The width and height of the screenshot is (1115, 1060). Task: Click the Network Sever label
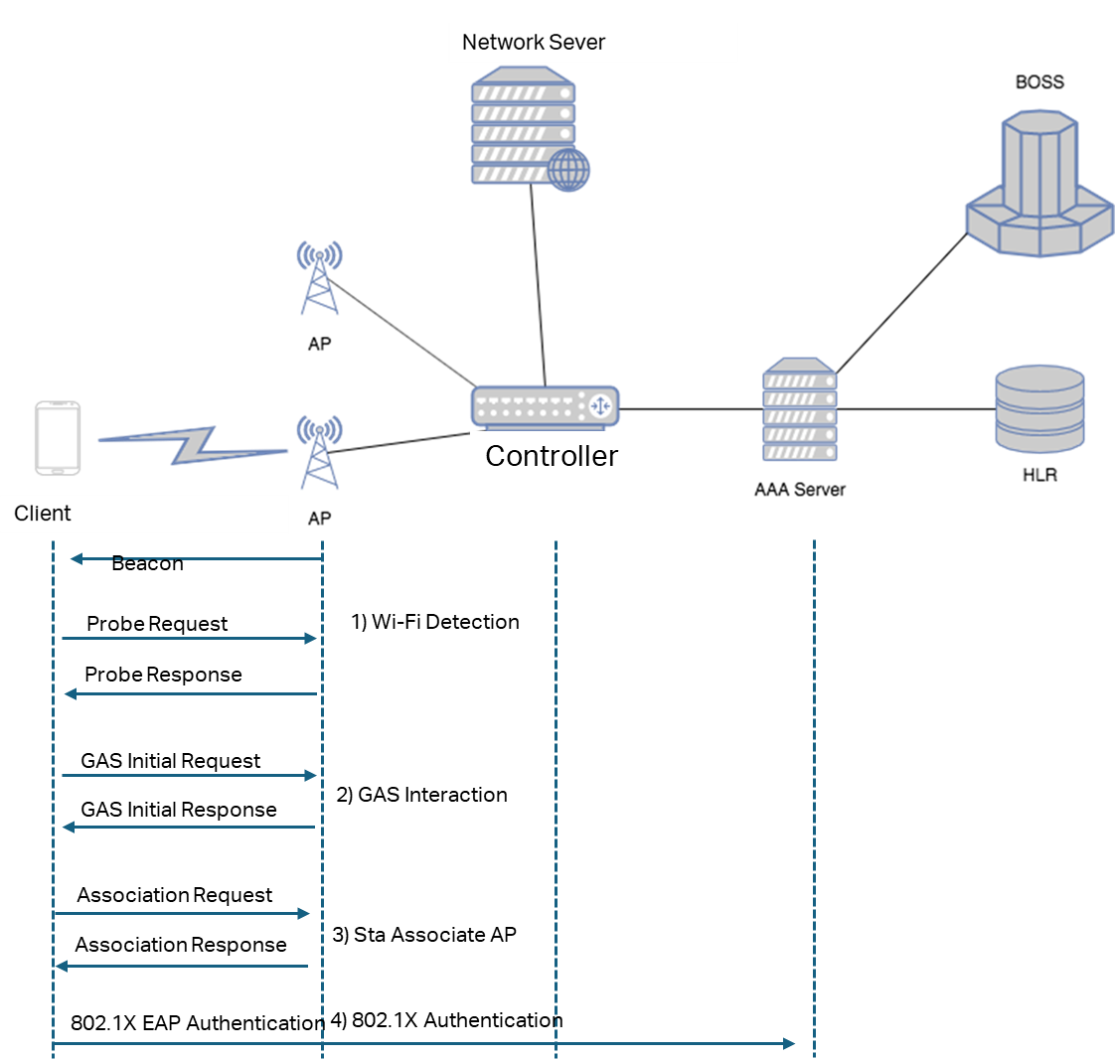534,43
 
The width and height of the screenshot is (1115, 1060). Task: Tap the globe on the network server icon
568,170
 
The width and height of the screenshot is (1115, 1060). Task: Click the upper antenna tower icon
320,278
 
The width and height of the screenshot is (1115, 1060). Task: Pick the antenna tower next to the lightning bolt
319,452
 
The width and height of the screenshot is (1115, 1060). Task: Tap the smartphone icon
58,438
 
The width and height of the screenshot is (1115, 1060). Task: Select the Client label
43,514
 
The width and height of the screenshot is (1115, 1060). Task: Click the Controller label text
552,456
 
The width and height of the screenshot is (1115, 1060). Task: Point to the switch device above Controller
544,406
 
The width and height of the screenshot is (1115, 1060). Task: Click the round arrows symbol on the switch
600,406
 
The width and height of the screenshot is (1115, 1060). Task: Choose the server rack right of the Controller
800,409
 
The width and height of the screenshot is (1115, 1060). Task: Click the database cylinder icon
1039,408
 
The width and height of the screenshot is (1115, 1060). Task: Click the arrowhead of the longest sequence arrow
789,1043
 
